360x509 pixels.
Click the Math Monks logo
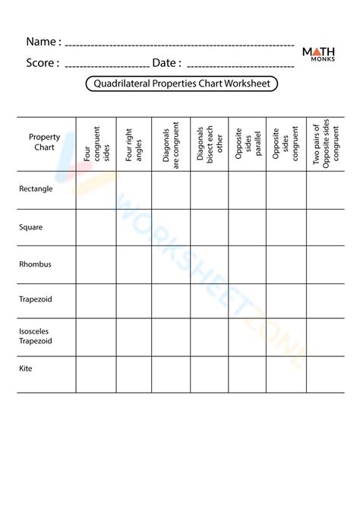[x=319, y=54]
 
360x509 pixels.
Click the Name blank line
[x=179, y=46]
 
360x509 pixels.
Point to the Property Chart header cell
[x=44, y=141]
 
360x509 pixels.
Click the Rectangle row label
[x=36, y=189]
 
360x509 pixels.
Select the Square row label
[x=31, y=226]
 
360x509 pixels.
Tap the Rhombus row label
[x=35, y=264]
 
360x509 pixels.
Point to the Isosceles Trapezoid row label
[x=36, y=337]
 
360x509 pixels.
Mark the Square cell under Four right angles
[x=133, y=226]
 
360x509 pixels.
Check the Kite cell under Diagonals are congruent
[x=170, y=374]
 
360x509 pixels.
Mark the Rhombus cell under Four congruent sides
[x=95, y=264]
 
